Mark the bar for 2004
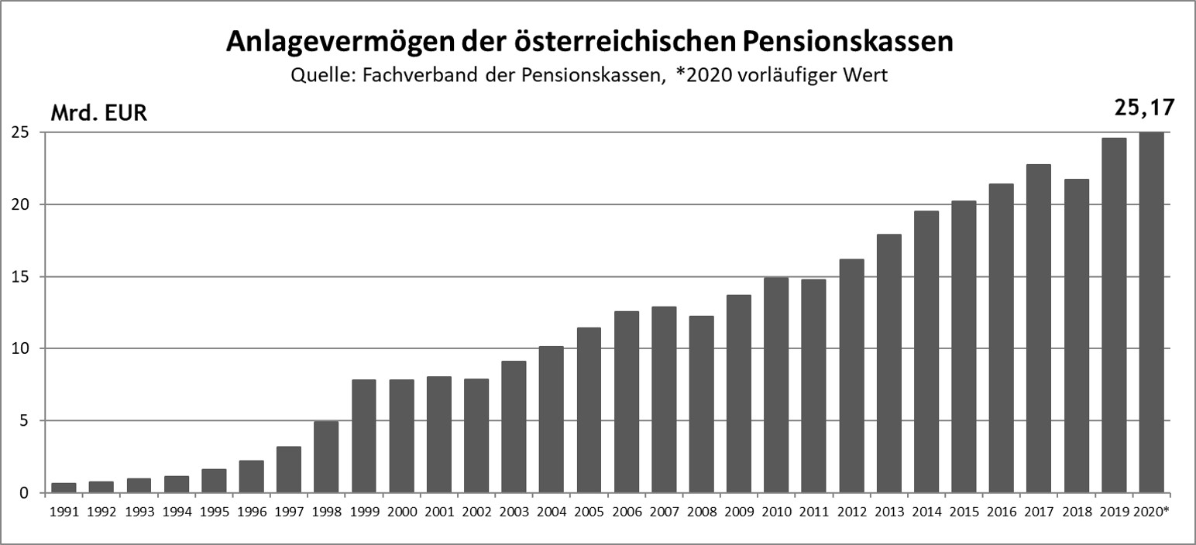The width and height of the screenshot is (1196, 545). pyautogui.click(x=552, y=419)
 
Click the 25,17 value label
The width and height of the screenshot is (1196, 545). pyautogui.click(x=1143, y=106)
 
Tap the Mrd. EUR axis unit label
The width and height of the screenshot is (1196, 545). pyautogui.click(x=98, y=113)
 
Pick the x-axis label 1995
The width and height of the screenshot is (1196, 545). pyautogui.click(x=214, y=512)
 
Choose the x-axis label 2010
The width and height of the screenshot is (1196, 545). pyautogui.click(x=776, y=512)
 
